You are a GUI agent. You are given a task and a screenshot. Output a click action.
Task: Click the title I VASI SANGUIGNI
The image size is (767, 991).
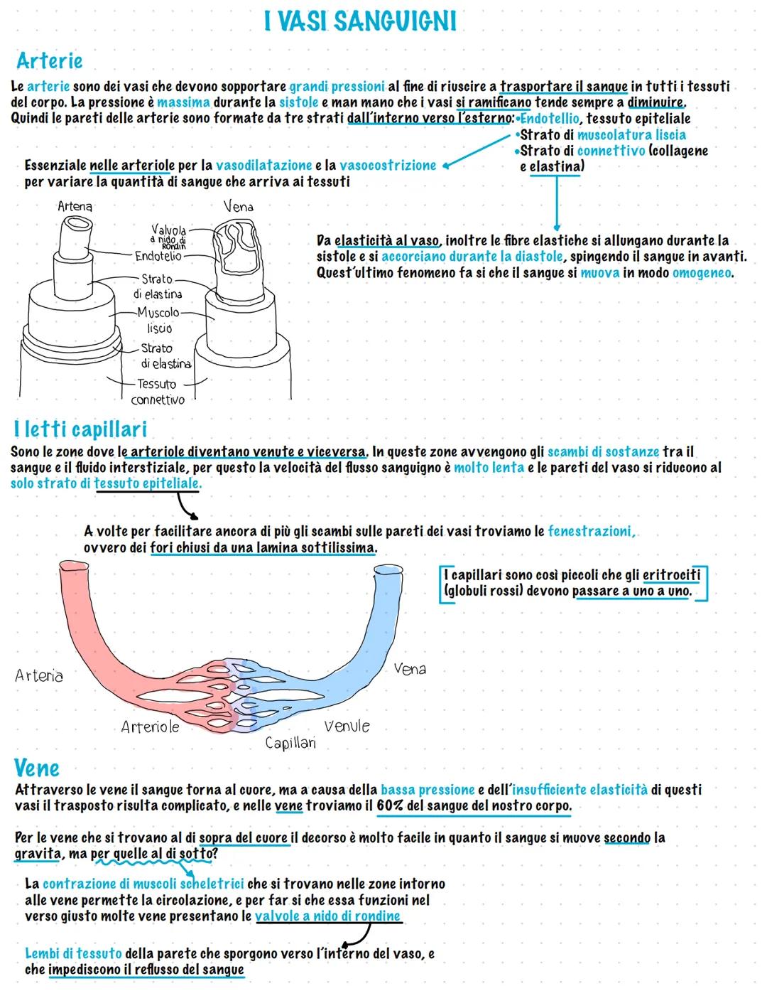[359, 21]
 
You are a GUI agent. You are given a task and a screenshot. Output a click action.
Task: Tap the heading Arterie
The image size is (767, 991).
[49, 61]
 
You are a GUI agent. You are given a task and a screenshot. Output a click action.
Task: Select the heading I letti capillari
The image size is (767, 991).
[80, 429]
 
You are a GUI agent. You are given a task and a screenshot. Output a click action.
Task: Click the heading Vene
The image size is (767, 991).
[36, 768]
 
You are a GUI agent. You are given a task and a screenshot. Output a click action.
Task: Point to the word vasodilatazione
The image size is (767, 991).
[263, 165]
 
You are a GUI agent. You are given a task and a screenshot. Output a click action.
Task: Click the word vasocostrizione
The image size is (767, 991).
[388, 165]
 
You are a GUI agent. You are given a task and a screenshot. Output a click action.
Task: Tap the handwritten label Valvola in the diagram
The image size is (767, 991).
[169, 230]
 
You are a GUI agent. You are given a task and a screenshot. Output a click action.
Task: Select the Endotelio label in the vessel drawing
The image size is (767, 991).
[158, 256]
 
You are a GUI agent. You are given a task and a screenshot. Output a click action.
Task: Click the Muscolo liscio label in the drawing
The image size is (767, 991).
[158, 320]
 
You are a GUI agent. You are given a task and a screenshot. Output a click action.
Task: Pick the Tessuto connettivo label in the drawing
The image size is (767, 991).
[157, 392]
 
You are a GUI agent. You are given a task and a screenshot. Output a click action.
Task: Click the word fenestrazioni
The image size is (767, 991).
[591, 531]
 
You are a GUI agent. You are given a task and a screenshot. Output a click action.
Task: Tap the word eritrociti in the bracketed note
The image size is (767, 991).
[671, 574]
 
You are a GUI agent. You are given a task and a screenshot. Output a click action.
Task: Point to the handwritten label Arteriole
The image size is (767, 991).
[150, 727]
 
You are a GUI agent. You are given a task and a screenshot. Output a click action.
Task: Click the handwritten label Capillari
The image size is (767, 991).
[290, 743]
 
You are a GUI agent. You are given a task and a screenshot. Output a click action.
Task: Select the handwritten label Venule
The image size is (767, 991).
[347, 726]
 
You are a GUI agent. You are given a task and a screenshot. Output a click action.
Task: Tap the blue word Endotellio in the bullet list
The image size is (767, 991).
[550, 118]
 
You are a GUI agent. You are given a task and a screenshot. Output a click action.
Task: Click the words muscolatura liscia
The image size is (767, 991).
[631, 134]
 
